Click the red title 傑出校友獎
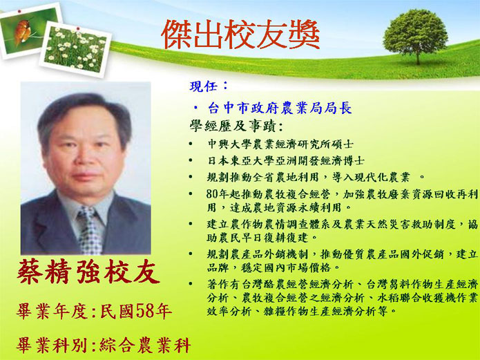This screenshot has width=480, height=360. tap(240, 35)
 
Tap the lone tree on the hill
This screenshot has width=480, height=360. tap(415, 36)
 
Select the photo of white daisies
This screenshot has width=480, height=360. tap(75, 49)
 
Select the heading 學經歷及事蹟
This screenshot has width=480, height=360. tap(235, 126)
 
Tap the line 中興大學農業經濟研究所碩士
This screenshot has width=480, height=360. tap(280, 144)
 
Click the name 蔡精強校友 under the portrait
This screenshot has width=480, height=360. tap(89, 271)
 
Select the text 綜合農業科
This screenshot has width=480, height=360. tap(146, 345)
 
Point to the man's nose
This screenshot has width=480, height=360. tap(83, 157)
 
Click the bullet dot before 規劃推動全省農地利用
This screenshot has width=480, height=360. tap(191, 177)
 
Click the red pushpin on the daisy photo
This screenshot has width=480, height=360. tap(78, 29)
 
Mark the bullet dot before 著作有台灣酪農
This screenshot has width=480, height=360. tap(191, 284)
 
